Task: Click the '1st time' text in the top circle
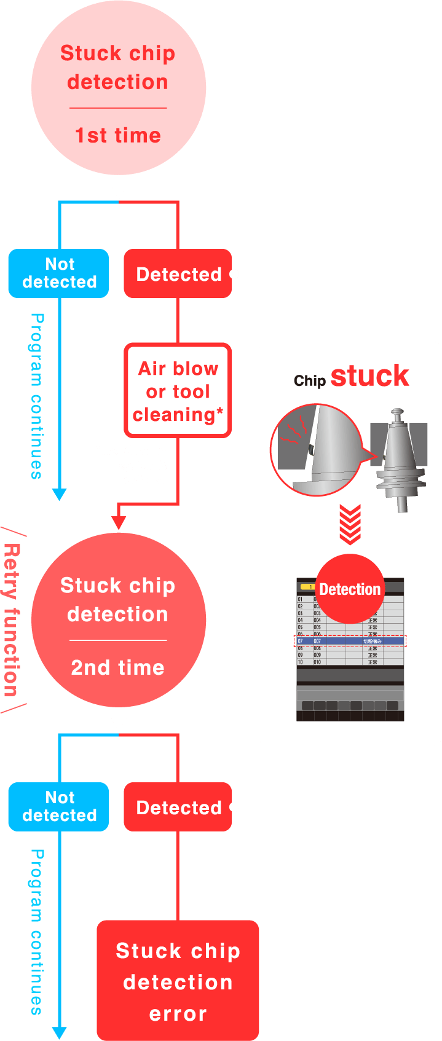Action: point(118,135)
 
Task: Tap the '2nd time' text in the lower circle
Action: point(118,667)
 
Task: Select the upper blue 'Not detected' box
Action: point(59,273)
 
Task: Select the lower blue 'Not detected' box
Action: point(59,806)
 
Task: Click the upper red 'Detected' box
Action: point(178,274)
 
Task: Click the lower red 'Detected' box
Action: point(178,807)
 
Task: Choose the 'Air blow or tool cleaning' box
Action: point(178,391)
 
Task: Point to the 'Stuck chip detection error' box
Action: point(178,981)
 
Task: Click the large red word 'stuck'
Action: point(369,375)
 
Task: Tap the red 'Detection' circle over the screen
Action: point(350,589)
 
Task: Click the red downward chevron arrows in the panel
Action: point(350,525)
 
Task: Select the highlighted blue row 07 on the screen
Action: point(350,641)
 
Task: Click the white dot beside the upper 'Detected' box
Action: point(234,274)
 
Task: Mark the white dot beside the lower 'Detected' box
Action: point(234,807)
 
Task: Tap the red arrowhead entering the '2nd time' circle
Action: point(119,523)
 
